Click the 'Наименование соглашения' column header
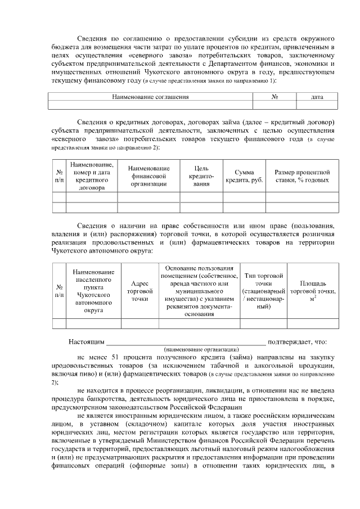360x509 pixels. click(150, 97)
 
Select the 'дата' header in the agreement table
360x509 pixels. click(317, 97)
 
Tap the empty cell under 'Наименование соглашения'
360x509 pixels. click(150, 105)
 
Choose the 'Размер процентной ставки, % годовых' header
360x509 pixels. click(302, 176)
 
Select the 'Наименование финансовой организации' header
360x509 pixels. click(148, 176)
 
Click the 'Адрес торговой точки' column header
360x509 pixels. click(139, 292)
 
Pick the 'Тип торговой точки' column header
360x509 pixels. click(263, 292)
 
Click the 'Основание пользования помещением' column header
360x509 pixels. click(199, 291)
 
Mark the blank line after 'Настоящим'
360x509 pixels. click(186, 341)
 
